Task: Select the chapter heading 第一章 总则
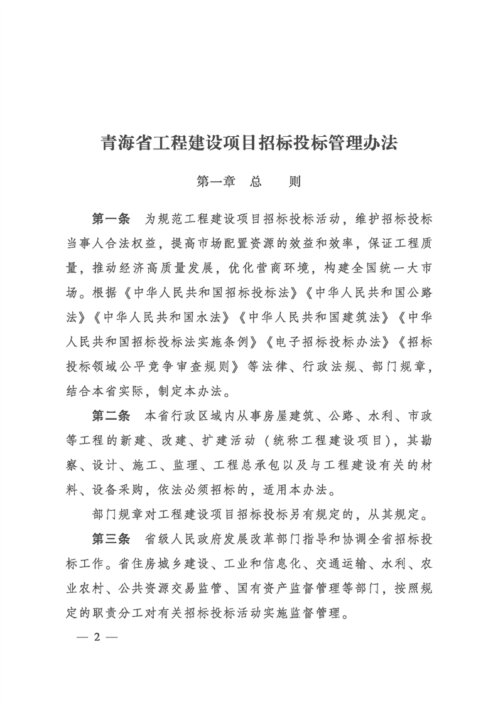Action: tap(249, 182)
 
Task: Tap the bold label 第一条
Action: tap(111, 219)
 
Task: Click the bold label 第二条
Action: tap(111, 416)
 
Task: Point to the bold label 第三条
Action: tap(111, 539)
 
